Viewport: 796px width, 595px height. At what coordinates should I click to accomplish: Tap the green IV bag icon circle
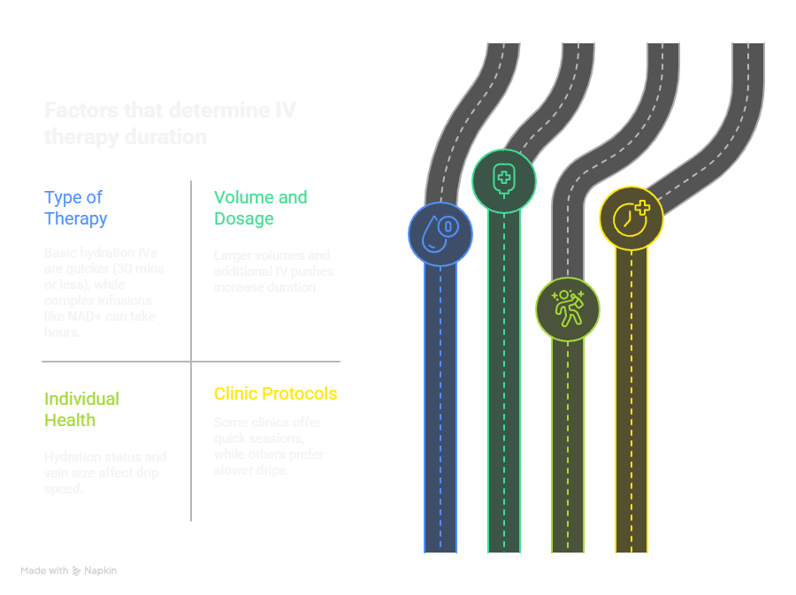click(x=503, y=180)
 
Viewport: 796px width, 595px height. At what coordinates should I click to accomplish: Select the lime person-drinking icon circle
click(x=567, y=309)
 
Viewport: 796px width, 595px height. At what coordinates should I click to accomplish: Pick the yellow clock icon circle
click(x=631, y=217)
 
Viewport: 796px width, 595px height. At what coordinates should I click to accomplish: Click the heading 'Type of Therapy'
click(x=76, y=208)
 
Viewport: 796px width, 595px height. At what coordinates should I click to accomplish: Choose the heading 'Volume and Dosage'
click(x=260, y=208)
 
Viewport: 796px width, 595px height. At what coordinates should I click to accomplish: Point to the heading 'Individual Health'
click(x=81, y=409)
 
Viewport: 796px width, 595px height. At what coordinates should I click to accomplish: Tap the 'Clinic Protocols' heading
click(x=275, y=393)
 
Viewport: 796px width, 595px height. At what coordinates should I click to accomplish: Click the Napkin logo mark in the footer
click(x=76, y=571)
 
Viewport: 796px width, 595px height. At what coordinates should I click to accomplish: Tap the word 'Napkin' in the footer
click(x=101, y=571)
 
